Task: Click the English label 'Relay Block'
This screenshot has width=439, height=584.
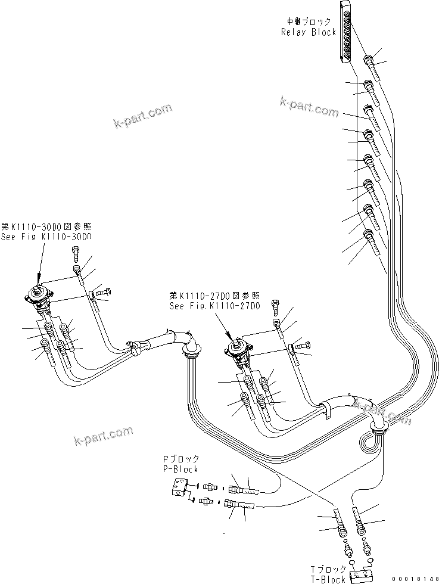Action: pyautogui.click(x=309, y=32)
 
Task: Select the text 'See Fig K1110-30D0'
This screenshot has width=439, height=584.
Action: pyautogui.click(x=46, y=237)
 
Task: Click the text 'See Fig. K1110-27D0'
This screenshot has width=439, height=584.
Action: pyautogui.click(x=215, y=306)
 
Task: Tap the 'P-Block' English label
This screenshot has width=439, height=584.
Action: pyautogui.click(x=180, y=469)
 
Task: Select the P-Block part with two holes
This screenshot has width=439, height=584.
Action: pyautogui.click(x=178, y=487)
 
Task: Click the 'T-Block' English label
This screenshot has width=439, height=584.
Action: pyautogui.click(x=328, y=579)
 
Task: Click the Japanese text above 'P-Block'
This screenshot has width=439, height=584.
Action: pyautogui.click(x=180, y=459)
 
